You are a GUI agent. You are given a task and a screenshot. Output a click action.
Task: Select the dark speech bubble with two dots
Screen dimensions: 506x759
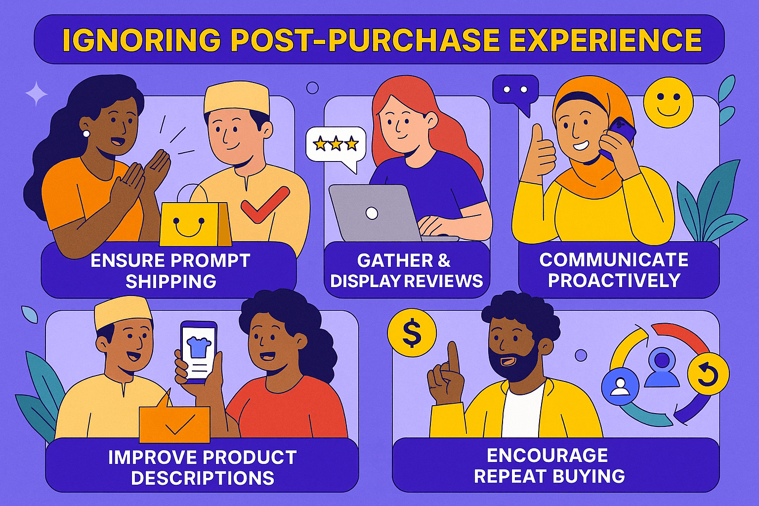coord(515,91)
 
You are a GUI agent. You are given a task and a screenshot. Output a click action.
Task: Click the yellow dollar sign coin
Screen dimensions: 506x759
coord(412,333)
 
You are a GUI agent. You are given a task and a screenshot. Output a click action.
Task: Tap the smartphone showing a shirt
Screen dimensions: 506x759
coord(198,351)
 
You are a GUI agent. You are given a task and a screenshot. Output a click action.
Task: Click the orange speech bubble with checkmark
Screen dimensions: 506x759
coord(174,423)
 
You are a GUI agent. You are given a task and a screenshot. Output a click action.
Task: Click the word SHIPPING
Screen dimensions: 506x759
coord(171,282)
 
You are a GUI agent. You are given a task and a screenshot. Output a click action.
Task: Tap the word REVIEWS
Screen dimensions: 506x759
coord(444,281)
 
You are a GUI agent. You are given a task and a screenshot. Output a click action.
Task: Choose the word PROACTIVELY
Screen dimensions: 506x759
coord(614,281)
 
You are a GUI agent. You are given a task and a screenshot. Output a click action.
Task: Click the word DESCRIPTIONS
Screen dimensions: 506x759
coord(203,478)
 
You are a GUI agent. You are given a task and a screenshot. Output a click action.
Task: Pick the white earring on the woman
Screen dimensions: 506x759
coord(86,134)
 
